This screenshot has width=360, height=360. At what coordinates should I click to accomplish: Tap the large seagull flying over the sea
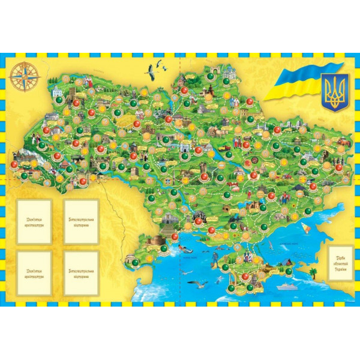(x=197, y=283)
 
